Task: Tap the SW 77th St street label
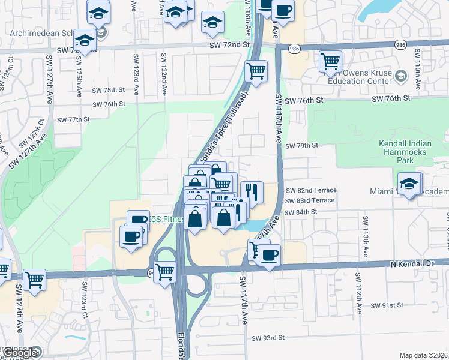[x=73, y=119]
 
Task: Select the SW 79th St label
[x=301, y=146]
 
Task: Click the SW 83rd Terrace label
[x=310, y=200]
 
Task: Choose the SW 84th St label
[x=301, y=212]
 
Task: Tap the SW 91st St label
[x=387, y=305]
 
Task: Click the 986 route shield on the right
[x=400, y=45]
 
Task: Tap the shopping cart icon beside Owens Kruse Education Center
[x=331, y=61]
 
